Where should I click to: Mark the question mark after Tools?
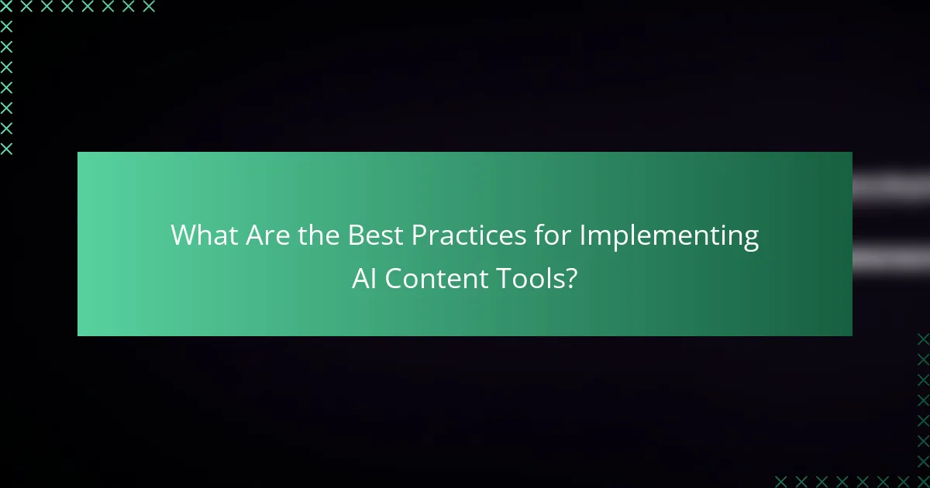(x=570, y=279)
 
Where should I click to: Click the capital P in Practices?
(x=419, y=235)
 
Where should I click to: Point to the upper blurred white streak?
(x=891, y=186)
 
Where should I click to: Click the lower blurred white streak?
(x=891, y=253)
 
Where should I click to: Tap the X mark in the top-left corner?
(x=7, y=7)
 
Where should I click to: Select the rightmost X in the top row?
(x=149, y=7)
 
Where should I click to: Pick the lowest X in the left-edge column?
(x=7, y=149)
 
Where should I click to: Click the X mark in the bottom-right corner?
(x=923, y=480)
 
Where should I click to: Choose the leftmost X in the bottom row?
(x=781, y=480)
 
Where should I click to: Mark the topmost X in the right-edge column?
(x=923, y=339)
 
